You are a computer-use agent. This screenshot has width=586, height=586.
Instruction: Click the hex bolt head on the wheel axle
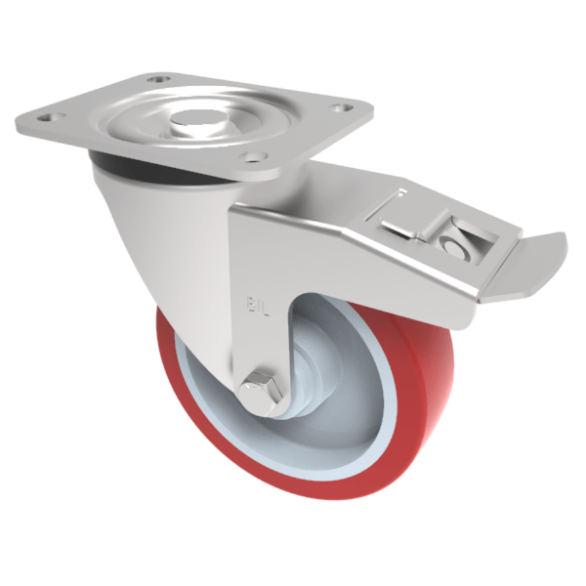point(263,392)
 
